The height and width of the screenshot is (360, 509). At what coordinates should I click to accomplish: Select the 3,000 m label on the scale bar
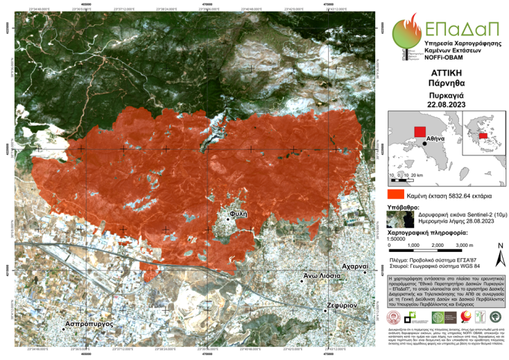coord(463,246)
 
